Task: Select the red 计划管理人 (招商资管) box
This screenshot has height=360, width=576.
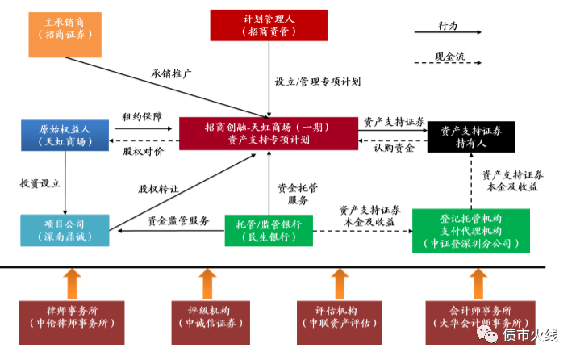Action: click(269, 24)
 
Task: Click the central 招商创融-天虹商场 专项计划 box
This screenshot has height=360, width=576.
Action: click(268, 133)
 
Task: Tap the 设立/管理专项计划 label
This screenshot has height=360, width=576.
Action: click(317, 82)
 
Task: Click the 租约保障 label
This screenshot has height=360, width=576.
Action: click(142, 116)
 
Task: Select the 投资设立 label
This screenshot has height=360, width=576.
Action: click(40, 183)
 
